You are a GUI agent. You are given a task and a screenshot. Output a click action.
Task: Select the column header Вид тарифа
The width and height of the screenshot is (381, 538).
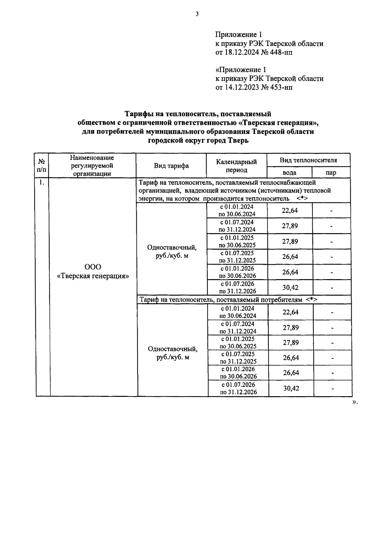tap(171, 166)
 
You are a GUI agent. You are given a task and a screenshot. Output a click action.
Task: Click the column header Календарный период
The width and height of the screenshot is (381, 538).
tap(236, 166)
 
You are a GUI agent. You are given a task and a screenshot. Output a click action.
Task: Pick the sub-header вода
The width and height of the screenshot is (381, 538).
tap(289, 173)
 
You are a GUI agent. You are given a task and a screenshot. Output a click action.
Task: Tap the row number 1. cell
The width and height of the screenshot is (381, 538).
tap(42, 182)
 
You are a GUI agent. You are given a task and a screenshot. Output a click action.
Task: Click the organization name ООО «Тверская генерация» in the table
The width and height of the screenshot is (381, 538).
tap(93, 272)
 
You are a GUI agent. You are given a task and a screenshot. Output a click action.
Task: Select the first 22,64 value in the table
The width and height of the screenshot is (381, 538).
tap(290, 210)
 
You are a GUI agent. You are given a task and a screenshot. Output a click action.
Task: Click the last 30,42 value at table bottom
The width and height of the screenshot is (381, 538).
tap(291, 388)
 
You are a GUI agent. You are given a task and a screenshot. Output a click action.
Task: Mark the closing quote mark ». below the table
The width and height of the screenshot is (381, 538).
tap(355, 402)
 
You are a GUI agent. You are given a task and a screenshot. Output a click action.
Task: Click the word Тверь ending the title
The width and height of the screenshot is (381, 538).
tap(238, 140)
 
